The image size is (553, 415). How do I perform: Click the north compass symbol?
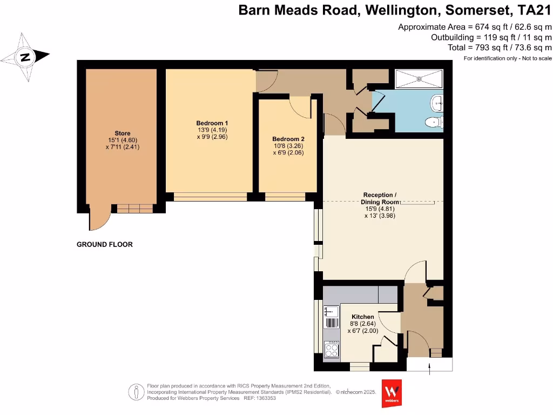coord(25,57)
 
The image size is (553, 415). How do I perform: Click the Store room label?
coord(122,133)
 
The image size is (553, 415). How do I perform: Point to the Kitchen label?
coord(362,317)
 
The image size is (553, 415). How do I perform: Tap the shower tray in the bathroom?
coord(419,79)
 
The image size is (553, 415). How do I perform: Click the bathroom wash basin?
coord(437,101)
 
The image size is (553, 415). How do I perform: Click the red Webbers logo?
coord(392,393)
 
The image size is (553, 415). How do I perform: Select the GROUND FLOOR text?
coord(104,244)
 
